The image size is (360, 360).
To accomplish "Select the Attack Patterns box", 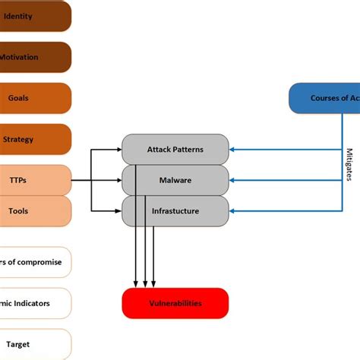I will pos(175,150).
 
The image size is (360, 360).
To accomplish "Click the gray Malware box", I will pos(175,181).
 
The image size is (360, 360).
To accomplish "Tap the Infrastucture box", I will pos(175,211).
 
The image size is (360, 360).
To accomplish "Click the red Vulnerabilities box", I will pos(175,303).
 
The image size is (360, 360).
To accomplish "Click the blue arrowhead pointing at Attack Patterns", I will pos(233,150).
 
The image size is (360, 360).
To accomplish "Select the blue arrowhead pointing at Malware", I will pos(233,181).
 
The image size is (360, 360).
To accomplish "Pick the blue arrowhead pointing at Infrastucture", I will pos(233,211).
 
